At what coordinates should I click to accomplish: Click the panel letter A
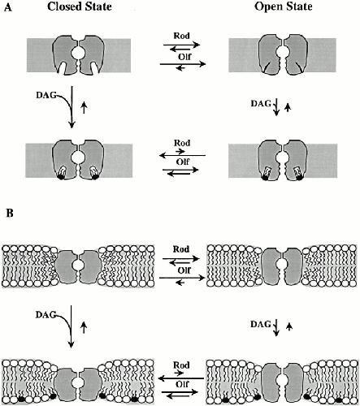[8, 8]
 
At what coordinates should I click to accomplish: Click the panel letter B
[10, 214]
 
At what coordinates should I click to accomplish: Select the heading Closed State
[80, 6]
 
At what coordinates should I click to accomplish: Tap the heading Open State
[284, 6]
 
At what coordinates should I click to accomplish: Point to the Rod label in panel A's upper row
[181, 36]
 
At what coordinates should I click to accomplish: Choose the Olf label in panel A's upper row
[184, 57]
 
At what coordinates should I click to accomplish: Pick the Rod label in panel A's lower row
[182, 143]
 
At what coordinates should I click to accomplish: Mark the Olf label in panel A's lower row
[182, 162]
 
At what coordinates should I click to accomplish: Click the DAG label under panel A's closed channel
[46, 95]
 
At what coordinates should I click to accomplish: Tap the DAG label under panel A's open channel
[261, 103]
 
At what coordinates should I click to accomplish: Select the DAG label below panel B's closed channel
[46, 314]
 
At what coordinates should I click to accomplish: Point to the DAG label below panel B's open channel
[261, 324]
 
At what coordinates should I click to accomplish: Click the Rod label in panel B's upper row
[181, 249]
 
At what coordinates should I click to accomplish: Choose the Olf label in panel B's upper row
[184, 270]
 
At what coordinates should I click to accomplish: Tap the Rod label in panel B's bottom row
[181, 365]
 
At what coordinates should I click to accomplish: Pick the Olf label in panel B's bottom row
[182, 384]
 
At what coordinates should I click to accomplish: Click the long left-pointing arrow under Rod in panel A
[182, 155]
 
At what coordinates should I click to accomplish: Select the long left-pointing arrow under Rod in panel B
[181, 378]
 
